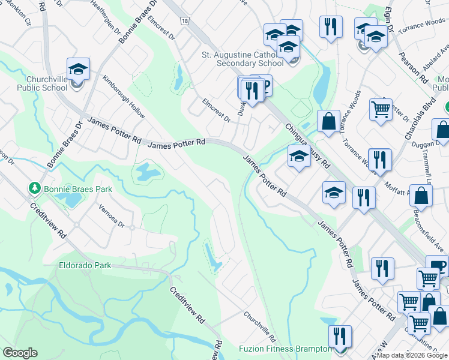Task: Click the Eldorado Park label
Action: (x=85, y=264)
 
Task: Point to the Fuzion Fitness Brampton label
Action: (x=285, y=349)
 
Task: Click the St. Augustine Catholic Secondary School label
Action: (x=242, y=59)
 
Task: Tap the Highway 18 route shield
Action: (x=185, y=21)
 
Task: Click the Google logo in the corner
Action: (x=20, y=353)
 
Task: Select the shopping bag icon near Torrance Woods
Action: (x=328, y=121)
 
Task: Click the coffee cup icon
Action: (x=438, y=266)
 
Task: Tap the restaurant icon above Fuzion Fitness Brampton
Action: (x=340, y=336)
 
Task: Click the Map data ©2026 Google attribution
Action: (x=412, y=355)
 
